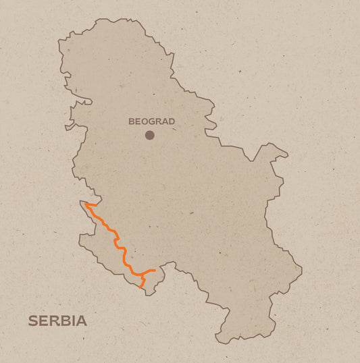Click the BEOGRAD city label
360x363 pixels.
click(x=151, y=121)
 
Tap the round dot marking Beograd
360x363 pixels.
click(x=150, y=135)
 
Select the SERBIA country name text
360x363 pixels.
click(x=57, y=320)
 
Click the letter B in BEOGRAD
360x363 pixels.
click(x=132, y=121)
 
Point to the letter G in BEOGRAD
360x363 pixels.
click(x=152, y=121)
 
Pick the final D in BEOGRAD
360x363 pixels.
click(x=172, y=121)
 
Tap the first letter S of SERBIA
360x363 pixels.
click(x=32, y=320)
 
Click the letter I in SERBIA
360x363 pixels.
click(x=74, y=320)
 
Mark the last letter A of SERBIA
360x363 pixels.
click(x=82, y=320)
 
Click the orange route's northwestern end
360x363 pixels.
click(x=86, y=203)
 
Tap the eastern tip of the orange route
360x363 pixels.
click(x=155, y=271)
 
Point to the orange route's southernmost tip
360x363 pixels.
click(x=140, y=287)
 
